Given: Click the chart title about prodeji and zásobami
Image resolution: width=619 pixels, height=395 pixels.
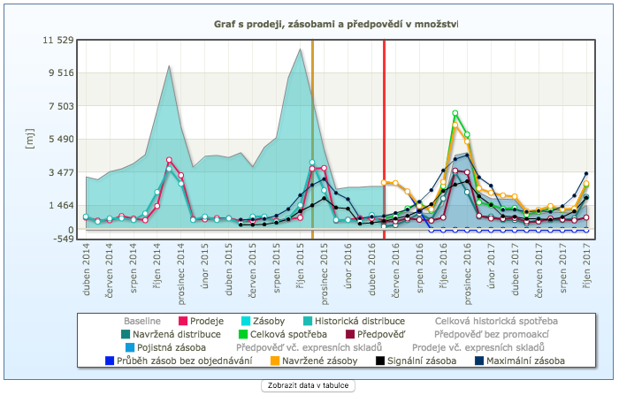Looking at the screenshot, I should pyautogui.click(x=336, y=24).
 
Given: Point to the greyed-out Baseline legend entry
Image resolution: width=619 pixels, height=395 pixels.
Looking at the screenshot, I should pyautogui.click(x=141, y=320).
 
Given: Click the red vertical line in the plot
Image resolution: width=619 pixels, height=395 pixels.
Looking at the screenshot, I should pyautogui.click(x=384, y=133).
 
